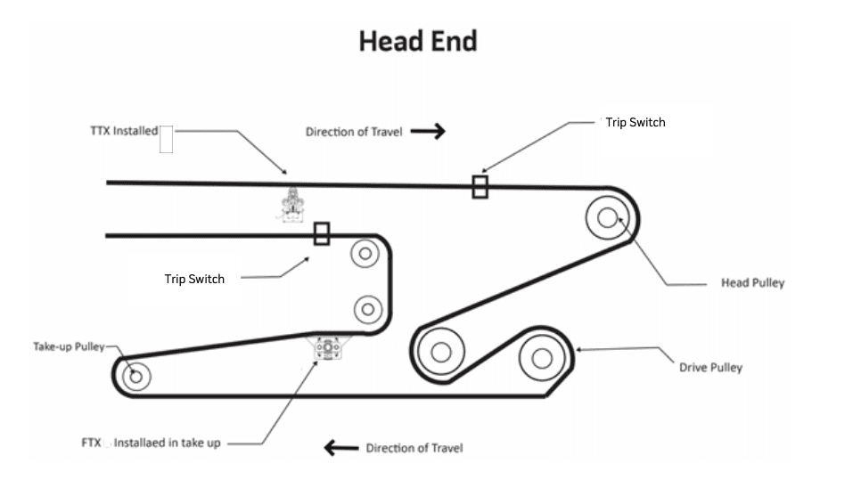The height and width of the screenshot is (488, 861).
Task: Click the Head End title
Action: tap(418, 41)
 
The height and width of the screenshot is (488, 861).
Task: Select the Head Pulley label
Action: tap(752, 283)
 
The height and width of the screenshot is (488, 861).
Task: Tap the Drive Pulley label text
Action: tap(710, 367)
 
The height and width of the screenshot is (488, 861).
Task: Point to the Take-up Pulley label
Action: tap(69, 346)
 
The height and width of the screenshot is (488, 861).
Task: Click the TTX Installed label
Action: tap(123, 131)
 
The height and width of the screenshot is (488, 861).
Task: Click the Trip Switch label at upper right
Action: tap(635, 122)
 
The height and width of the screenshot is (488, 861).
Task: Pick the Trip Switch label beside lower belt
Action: tap(194, 279)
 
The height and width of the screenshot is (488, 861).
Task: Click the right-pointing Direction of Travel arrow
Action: tap(428, 132)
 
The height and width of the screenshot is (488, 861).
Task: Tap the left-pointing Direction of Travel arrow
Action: tap(340, 448)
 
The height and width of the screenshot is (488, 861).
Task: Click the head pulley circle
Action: tap(608, 216)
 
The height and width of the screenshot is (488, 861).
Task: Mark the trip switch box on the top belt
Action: tap(480, 187)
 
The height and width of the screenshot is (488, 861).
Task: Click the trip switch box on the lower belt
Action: tap(322, 234)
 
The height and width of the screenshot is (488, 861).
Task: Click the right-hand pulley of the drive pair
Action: tap(541, 357)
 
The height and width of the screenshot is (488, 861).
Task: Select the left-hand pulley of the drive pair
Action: tap(440, 352)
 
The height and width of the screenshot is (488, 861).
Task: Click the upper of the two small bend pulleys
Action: tap(364, 254)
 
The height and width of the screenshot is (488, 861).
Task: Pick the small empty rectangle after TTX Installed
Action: tap(166, 140)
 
